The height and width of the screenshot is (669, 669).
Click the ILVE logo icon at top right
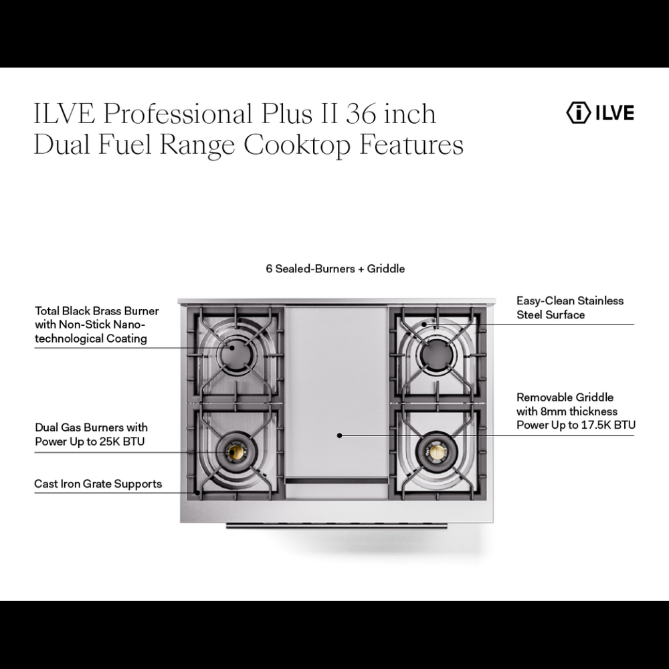(x=577, y=112)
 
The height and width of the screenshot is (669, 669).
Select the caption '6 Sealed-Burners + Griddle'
(x=335, y=268)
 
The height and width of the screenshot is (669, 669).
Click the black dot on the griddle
(x=340, y=435)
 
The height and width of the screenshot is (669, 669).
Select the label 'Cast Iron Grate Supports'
(x=98, y=484)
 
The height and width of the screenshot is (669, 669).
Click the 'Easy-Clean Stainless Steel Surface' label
(x=569, y=308)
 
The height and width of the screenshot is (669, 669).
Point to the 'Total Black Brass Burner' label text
(x=96, y=311)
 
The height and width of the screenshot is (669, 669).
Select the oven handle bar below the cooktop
(x=337, y=526)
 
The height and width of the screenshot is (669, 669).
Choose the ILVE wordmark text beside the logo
(x=614, y=112)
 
